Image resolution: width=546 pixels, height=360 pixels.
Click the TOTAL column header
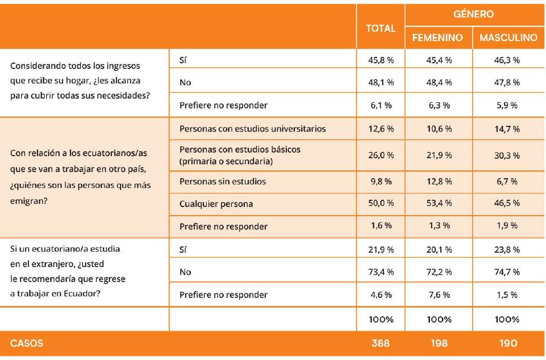[x=380, y=29]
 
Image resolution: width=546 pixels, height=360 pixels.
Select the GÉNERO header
[x=474, y=14]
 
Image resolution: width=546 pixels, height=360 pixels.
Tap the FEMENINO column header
[x=438, y=38]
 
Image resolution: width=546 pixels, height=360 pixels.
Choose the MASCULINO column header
[x=508, y=38]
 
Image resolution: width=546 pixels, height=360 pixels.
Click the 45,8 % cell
[x=381, y=60]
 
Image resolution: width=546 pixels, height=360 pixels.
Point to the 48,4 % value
[x=439, y=82]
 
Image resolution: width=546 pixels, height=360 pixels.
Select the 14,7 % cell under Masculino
[x=507, y=128]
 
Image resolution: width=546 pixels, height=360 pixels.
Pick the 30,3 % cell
[x=507, y=156]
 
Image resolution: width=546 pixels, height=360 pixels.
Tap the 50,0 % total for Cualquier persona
[x=381, y=204]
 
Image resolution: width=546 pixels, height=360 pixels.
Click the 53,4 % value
[x=439, y=204]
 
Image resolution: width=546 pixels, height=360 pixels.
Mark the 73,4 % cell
[x=381, y=272]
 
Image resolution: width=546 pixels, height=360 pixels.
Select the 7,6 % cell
[x=439, y=295]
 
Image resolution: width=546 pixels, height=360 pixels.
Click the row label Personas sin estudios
[x=223, y=181]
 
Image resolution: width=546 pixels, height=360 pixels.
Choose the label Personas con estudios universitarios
[x=252, y=128]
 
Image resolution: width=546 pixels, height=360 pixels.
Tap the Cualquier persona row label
[x=216, y=204]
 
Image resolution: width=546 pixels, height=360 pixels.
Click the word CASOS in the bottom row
[x=27, y=343]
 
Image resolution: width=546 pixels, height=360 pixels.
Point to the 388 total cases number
[x=381, y=343]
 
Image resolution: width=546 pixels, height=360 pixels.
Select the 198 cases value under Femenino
[x=439, y=343]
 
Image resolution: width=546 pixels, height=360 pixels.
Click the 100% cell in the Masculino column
[x=507, y=319]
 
